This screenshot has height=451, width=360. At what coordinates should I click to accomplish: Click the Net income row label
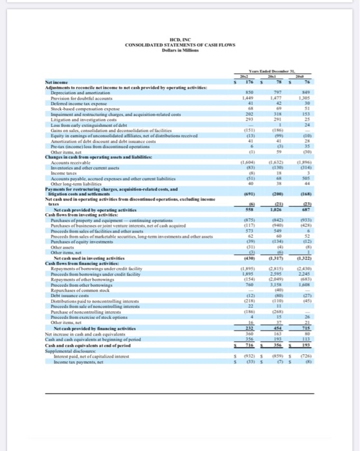(57, 100)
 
